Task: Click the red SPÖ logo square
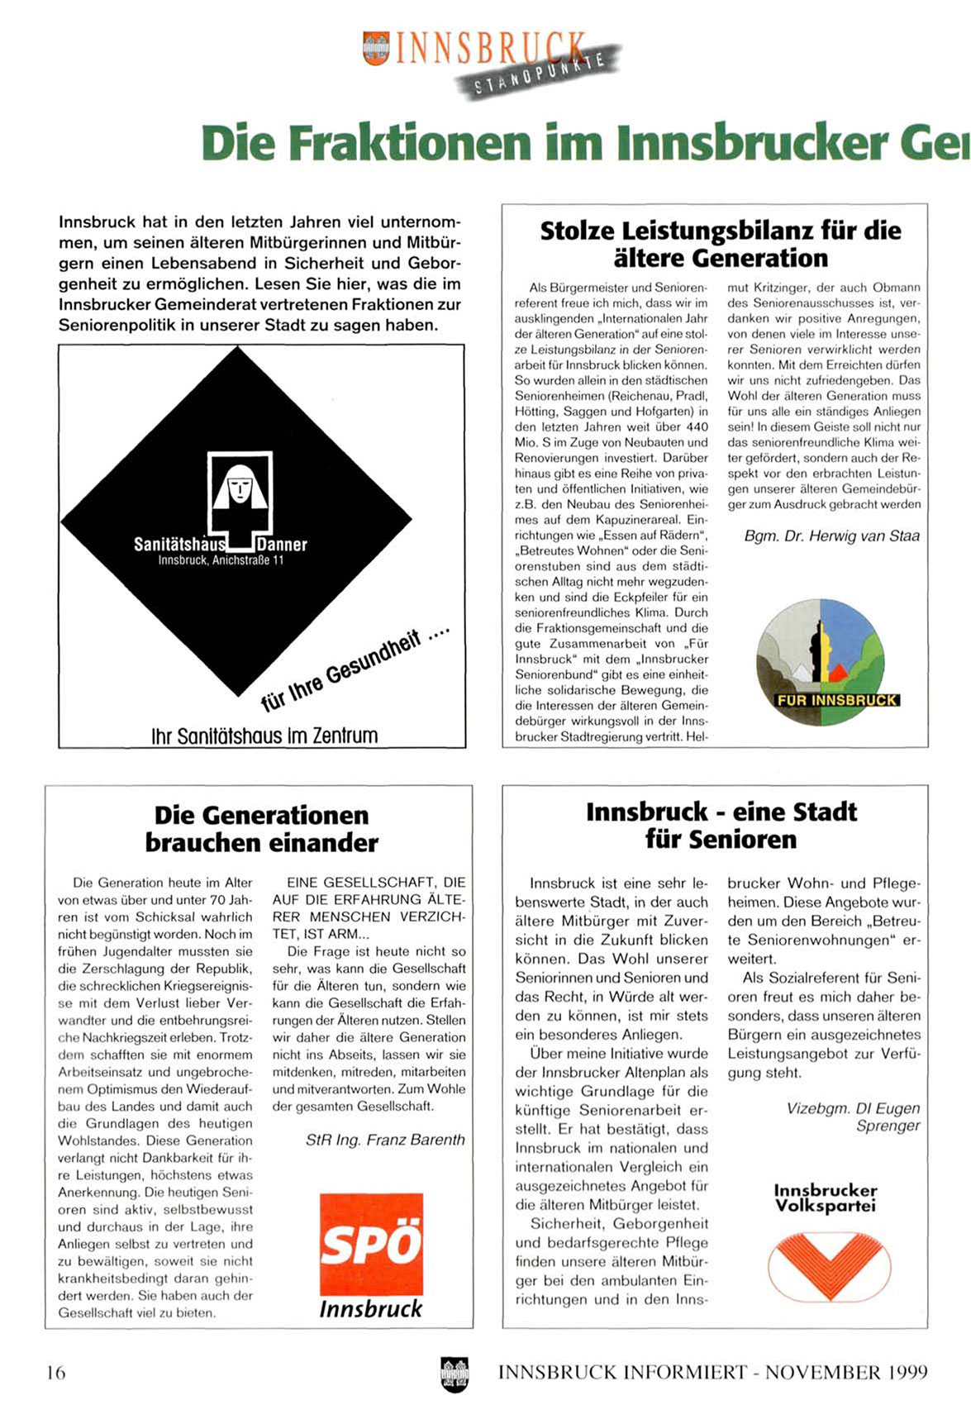tap(371, 1243)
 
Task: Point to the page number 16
tap(55, 1373)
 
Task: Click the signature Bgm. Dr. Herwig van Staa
tap(831, 536)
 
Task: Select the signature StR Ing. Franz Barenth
tap(385, 1140)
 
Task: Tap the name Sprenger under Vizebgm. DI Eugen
tap(888, 1126)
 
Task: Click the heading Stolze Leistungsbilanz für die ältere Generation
tap(720, 244)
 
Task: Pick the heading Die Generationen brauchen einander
tap(261, 829)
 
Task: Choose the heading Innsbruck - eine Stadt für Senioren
tap(721, 825)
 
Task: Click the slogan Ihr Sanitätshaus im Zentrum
tap(264, 736)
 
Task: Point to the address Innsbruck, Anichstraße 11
tap(221, 560)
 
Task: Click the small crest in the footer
tap(455, 1374)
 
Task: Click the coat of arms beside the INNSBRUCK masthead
tap(376, 47)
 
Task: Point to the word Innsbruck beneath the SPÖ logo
tap(370, 1309)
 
